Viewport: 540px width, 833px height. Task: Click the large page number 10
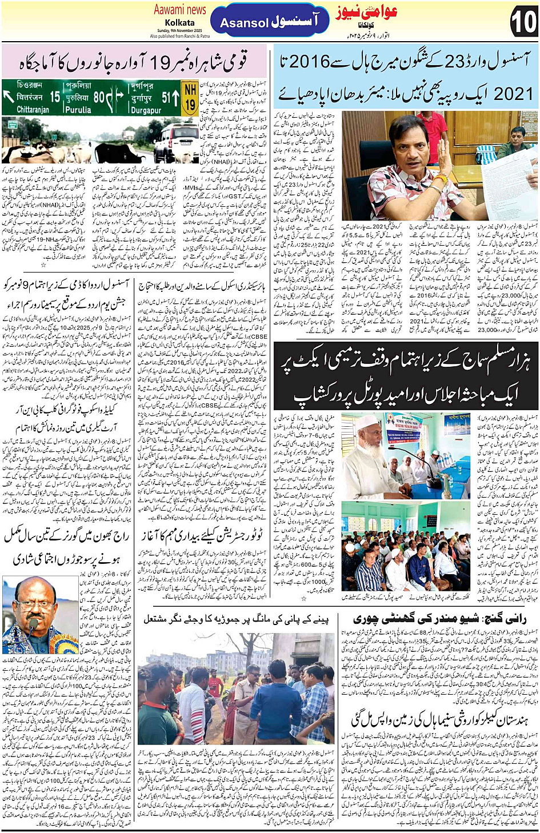click(x=523, y=23)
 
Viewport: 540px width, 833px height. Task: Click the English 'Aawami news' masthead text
click(x=179, y=10)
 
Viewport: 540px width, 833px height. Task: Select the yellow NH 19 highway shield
click(x=190, y=97)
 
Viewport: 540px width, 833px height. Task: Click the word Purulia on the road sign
click(x=78, y=110)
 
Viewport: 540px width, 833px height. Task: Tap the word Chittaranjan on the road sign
click(x=33, y=110)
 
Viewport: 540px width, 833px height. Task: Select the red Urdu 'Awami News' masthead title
click(x=366, y=12)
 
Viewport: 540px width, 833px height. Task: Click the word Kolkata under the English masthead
click(x=179, y=23)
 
